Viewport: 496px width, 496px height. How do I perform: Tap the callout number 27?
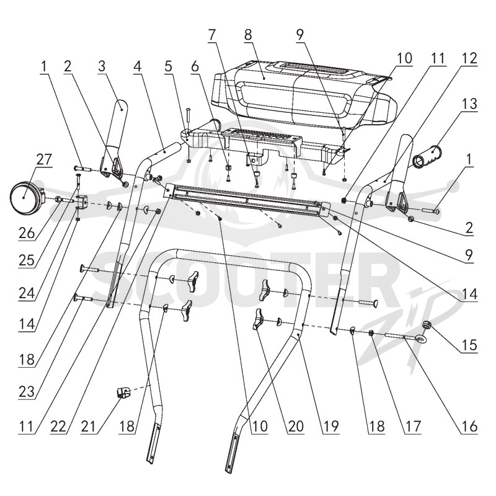(x=43, y=159)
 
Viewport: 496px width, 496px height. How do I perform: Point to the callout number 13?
(x=469, y=104)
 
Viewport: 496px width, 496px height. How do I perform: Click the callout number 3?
(x=101, y=66)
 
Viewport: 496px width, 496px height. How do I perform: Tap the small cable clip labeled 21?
(x=122, y=393)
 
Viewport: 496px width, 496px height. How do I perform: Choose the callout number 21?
(x=88, y=427)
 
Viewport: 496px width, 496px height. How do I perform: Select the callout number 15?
(x=469, y=345)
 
